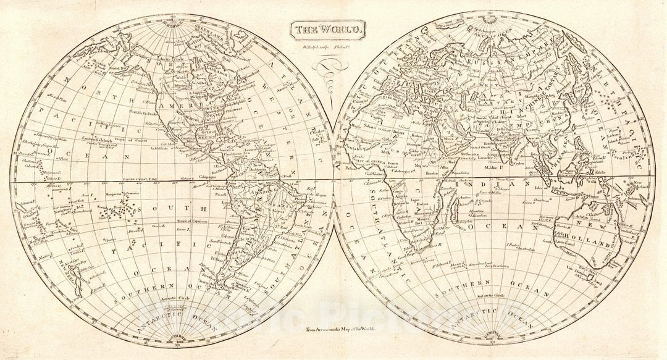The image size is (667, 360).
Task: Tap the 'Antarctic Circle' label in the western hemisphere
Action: pyautogui.click(x=162, y=302)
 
